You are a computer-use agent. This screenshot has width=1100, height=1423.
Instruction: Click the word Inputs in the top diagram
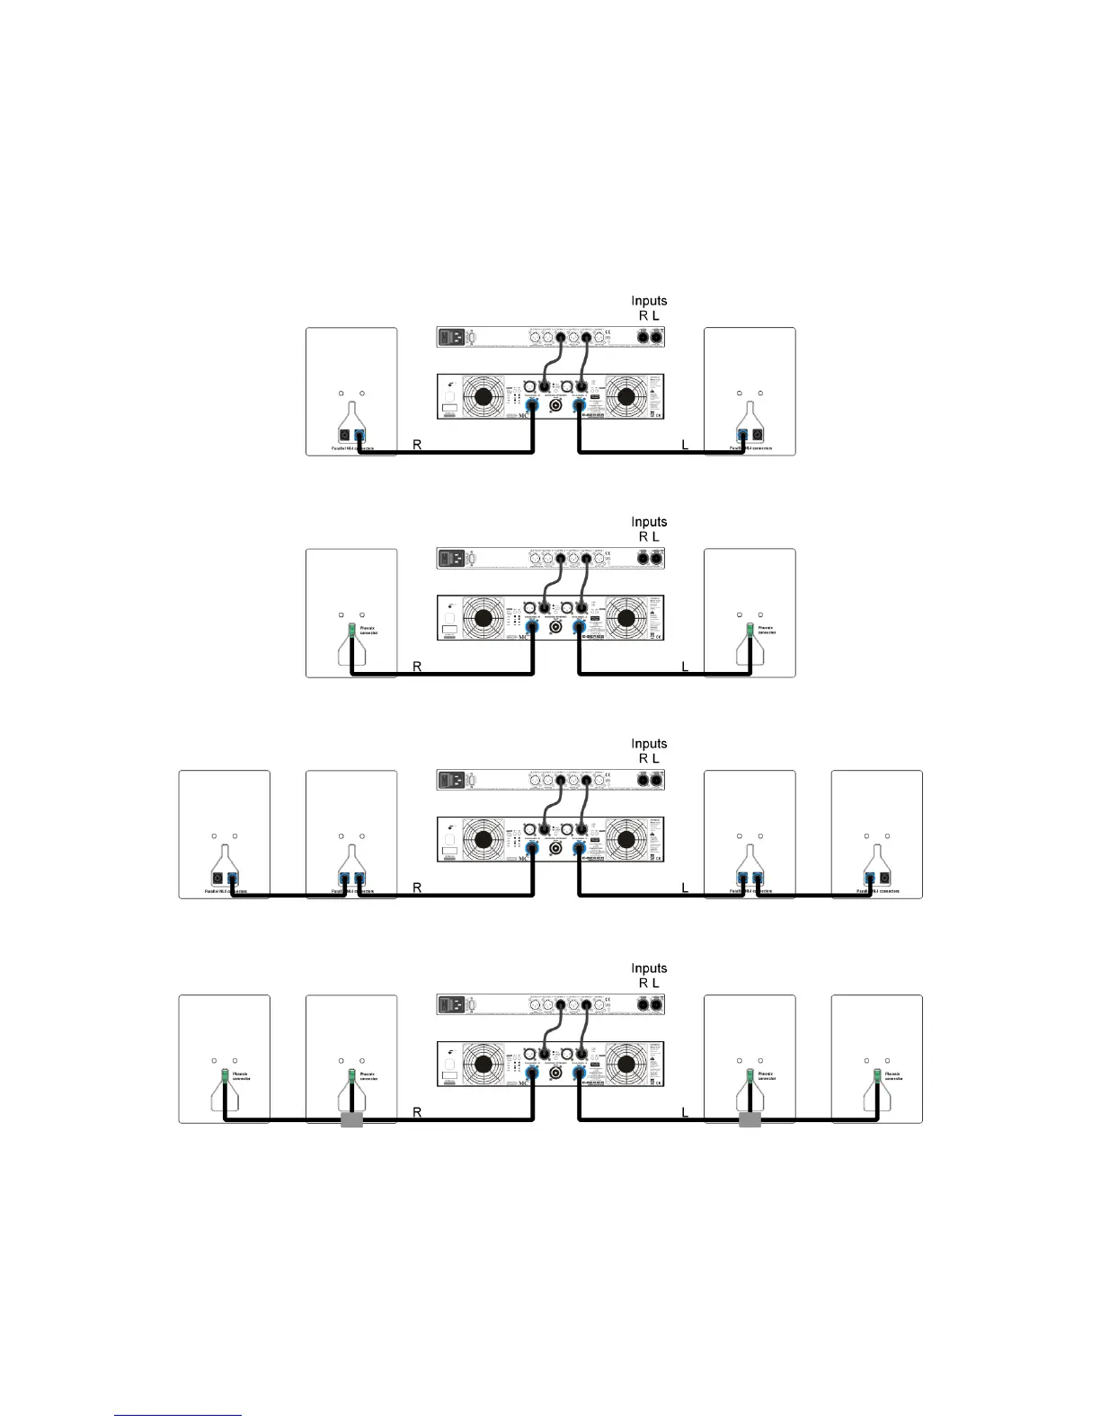pyautogui.click(x=649, y=301)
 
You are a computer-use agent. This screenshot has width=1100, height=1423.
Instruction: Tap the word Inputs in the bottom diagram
pyautogui.click(x=649, y=968)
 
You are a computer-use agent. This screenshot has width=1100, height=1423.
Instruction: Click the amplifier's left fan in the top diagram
pyautogui.click(x=483, y=396)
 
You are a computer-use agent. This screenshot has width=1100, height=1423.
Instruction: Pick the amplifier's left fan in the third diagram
pyautogui.click(x=483, y=839)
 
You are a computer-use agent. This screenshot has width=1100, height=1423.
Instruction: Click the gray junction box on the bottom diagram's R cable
pyautogui.click(x=351, y=1120)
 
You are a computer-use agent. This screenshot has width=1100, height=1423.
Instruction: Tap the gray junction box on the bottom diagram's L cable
pyautogui.click(x=750, y=1120)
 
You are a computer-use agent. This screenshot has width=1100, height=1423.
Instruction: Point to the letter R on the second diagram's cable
pyautogui.click(x=417, y=667)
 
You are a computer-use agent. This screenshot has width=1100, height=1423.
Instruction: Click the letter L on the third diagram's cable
pyautogui.click(x=685, y=888)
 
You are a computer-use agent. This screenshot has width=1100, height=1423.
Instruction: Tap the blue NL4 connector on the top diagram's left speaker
pyautogui.click(x=359, y=438)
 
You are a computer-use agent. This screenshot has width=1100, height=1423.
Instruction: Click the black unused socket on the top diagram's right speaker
pyautogui.click(x=758, y=438)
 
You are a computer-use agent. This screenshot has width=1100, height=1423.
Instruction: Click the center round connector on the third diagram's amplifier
pyautogui.click(x=556, y=848)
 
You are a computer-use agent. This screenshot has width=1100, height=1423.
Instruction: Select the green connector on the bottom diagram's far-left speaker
pyautogui.click(x=224, y=1074)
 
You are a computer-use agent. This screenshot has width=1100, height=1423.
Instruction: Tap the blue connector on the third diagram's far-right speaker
pyautogui.click(x=869, y=879)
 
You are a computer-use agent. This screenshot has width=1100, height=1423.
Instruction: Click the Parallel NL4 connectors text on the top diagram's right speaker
pyautogui.click(x=750, y=447)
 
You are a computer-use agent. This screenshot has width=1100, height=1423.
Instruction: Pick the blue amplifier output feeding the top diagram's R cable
pyautogui.click(x=532, y=405)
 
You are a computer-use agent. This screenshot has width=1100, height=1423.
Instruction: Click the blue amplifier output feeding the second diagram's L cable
pyautogui.click(x=580, y=627)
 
